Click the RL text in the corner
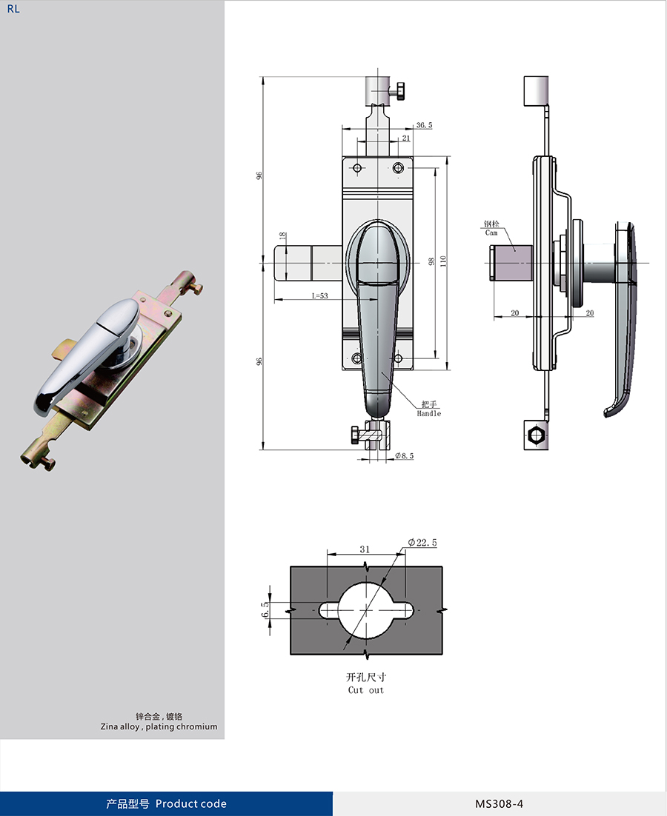[x=13, y=9]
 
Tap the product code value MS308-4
[x=499, y=803]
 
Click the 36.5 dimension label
[x=425, y=125]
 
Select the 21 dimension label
[x=406, y=138]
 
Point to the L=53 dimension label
[x=319, y=295]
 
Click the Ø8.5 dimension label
[x=404, y=455]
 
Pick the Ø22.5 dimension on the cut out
[x=422, y=542]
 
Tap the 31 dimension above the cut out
[x=365, y=549]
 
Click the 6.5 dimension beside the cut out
[x=265, y=609]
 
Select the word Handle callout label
[x=428, y=413]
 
